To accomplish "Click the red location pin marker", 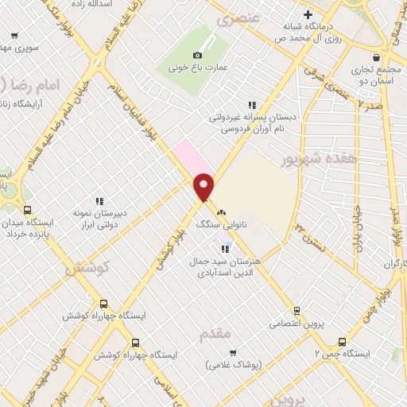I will (204, 187).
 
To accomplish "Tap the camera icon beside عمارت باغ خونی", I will (198, 54).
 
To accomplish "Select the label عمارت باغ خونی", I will (199, 68).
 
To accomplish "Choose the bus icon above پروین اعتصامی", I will (297, 310).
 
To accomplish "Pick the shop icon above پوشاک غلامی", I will (232, 352).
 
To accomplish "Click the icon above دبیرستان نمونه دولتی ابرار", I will (99, 201).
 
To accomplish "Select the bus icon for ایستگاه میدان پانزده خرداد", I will (28, 211).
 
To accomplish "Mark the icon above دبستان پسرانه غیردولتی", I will (252, 104).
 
